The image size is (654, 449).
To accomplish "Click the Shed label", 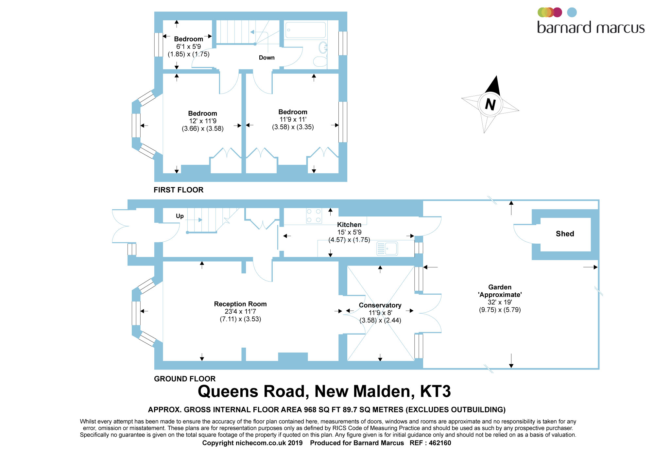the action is [565, 234].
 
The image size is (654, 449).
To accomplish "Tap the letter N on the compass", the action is [490, 104].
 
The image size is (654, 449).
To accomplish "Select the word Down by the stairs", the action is [267, 58].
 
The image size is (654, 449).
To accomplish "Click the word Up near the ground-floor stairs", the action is [180, 216].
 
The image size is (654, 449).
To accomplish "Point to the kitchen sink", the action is [387, 249].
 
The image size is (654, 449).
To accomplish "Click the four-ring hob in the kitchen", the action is [314, 216].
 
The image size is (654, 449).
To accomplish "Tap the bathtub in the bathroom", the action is [305, 30].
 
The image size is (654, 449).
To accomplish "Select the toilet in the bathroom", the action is [320, 61].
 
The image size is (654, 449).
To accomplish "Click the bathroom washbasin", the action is [323, 48].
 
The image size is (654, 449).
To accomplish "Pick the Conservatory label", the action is [380, 305].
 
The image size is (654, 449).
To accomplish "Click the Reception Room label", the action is [240, 304].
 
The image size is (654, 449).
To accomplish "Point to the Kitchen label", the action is [349, 225].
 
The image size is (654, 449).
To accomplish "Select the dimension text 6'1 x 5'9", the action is [189, 47].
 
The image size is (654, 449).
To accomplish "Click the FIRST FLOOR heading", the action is [179, 190].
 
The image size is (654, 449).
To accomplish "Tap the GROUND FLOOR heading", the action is [185, 379].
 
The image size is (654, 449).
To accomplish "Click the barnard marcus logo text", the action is [591, 27].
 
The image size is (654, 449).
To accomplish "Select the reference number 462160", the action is [440, 443].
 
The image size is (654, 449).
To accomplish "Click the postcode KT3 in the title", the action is [435, 391].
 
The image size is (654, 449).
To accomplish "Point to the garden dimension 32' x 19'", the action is [500, 302].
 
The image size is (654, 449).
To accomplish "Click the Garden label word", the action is [500, 287].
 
